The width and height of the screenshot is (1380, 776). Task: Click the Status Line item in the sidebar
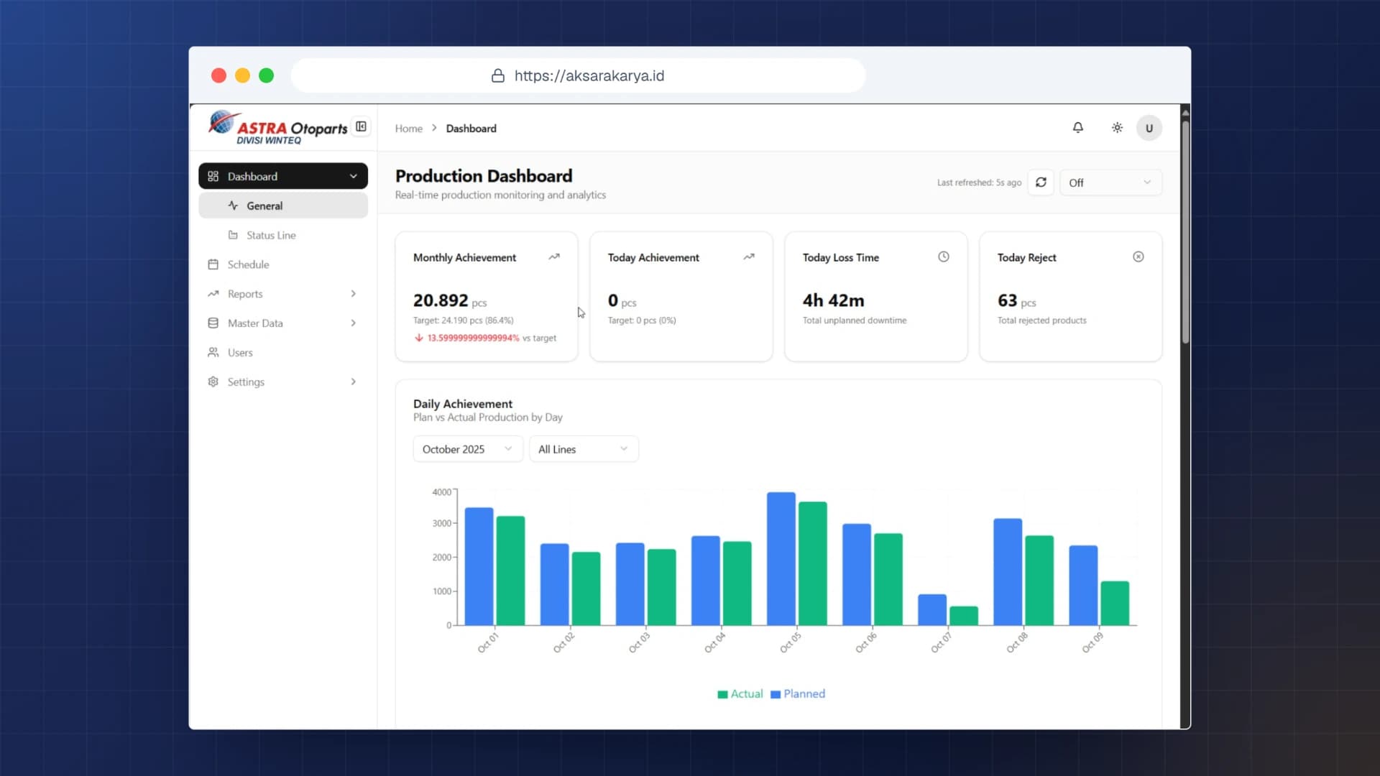coord(271,235)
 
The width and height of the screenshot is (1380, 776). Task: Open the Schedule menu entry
coord(248,264)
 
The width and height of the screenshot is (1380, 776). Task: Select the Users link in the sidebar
coord(240,353)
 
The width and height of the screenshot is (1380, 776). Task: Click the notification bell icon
coord(1077,128)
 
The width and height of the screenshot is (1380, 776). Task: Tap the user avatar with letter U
coord(1149,128)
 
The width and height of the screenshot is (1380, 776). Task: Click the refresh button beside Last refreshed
coord(1040,183)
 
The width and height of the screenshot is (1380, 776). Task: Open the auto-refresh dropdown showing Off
coord(1110,183)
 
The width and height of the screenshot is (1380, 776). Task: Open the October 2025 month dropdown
coord(468,449)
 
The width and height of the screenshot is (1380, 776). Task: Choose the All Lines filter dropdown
coord(584,449)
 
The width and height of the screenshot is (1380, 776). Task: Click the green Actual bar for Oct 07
coord(963,616)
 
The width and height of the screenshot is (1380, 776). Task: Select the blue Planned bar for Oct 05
coord(781,559)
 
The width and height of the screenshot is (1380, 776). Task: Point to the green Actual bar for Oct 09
coord(1115,604)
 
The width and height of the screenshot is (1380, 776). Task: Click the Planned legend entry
coord(798,694)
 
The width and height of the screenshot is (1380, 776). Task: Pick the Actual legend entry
coord(740,694)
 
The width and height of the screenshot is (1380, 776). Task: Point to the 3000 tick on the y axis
coord(442,523)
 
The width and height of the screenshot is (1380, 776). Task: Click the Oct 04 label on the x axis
coord(714,642)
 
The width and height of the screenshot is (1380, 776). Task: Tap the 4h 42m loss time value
coord(834,300)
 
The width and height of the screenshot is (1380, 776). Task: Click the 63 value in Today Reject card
coord(1007,300)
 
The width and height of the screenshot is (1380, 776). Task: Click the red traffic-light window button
coord(219,75)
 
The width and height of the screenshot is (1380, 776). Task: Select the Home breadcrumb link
coord(409,129)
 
